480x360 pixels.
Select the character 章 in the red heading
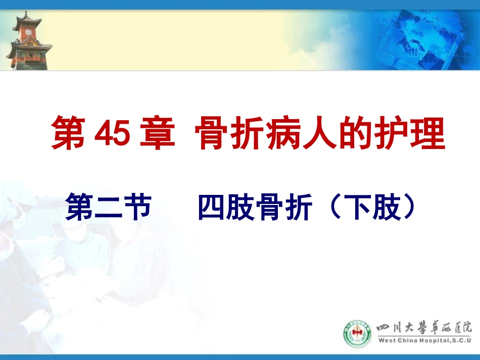pos(158,134)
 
